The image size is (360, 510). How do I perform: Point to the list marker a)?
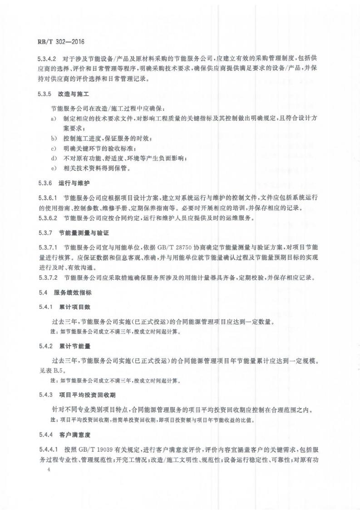coord(54,119)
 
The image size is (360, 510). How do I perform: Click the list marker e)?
coord(54,168)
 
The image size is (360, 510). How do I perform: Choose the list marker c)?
coord(54,148)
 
